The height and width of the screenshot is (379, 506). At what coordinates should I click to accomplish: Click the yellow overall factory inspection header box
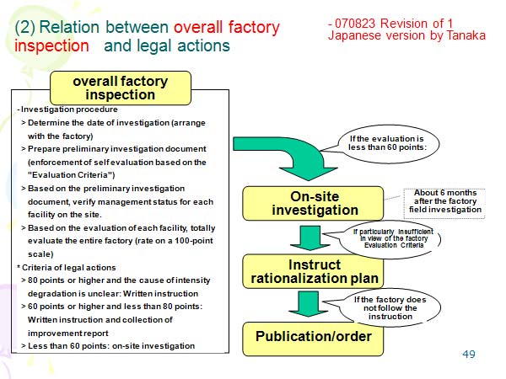[x=120, y=88]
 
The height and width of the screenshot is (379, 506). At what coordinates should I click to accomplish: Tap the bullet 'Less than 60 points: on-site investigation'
[x=112, y=345]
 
